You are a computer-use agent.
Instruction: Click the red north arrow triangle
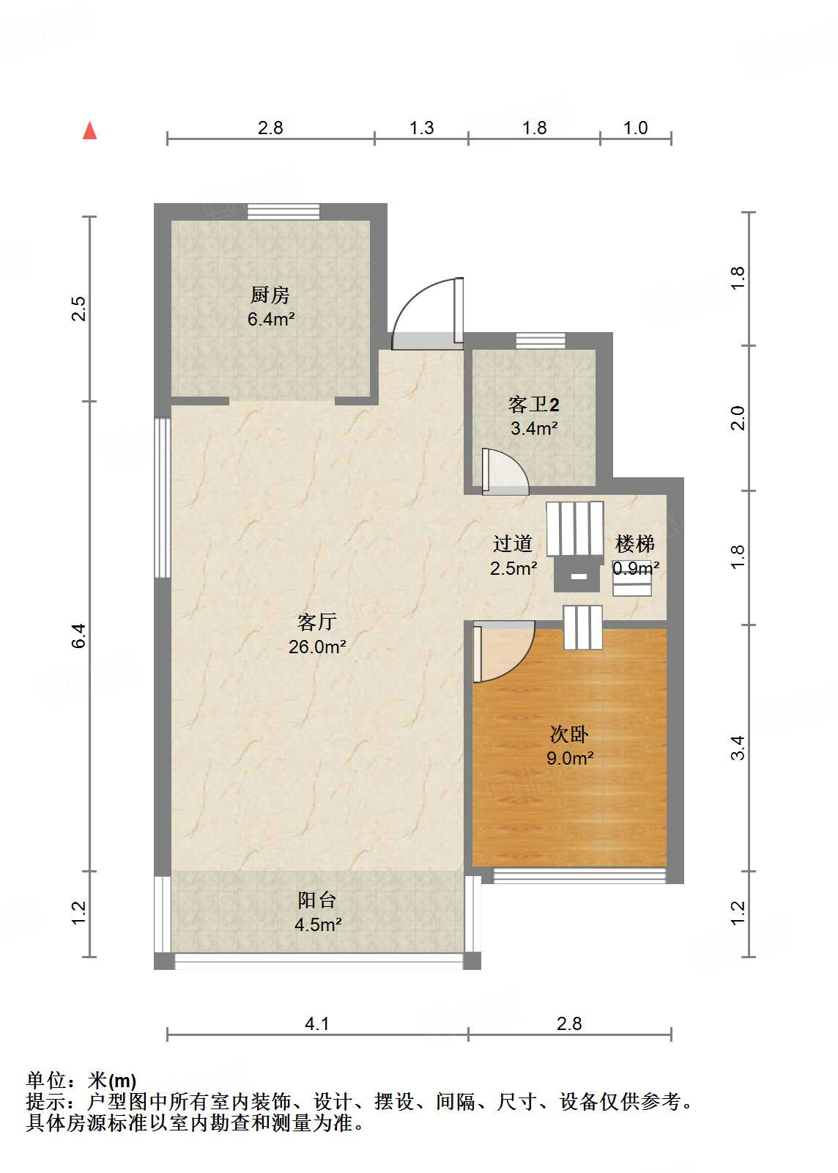[89, 130]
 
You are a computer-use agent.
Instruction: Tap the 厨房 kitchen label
[270, 295]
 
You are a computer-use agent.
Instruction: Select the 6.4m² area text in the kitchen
[271, 319]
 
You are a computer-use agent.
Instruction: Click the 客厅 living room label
[317, 622]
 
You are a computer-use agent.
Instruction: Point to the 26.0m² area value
[317, 647]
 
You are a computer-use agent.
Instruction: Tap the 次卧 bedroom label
[569, 734]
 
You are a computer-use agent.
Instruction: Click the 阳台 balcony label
[317, 900]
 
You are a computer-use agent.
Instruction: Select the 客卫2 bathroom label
[534, 404]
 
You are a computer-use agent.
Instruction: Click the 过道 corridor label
[513, 543]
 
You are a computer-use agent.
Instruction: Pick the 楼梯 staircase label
[635, 543]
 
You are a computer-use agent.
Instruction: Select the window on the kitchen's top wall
[283, 211]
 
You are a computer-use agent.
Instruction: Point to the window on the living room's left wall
[162, 499]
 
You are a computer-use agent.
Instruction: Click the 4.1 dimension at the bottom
[317, 1023]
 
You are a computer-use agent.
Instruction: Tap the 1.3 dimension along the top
[421, 128]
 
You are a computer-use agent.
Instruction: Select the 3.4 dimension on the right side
[738, 748]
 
